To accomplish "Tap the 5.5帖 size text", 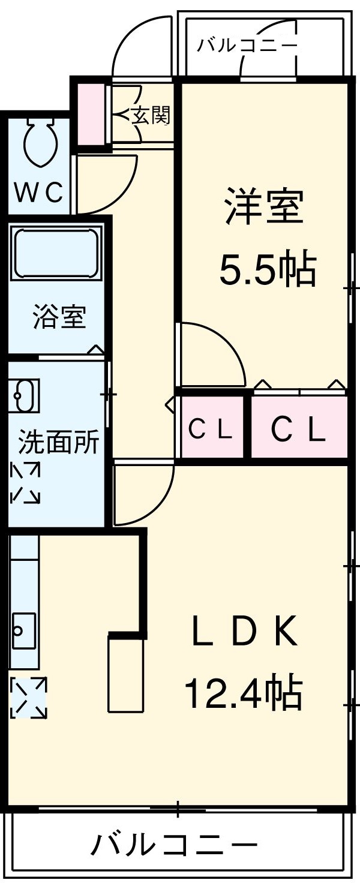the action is coord(267,269).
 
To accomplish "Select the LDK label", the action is coord(245,633).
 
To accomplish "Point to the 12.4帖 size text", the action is coord(242,693).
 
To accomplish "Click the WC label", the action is coord(38,193).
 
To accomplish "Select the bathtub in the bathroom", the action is coord(56,253).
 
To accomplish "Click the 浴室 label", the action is coord(59,317).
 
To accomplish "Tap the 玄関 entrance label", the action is coord(151,115).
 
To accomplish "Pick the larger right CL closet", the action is coord(298,428).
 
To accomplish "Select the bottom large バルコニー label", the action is coord(174,846).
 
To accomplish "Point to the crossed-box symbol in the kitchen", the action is coord(28,697).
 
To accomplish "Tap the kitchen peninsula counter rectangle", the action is coord(126,674).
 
